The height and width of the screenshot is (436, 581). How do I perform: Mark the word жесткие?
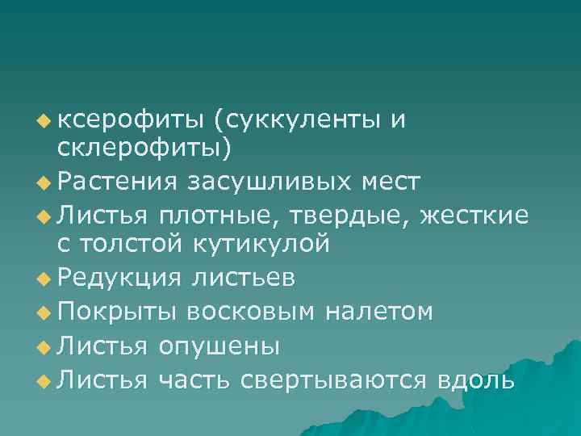pyautogui.click(x=483, y=215)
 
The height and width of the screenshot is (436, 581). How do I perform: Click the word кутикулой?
pyautogui.click(x=262, y=243)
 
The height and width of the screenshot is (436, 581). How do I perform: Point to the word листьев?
pyautogui.click(x=242, y=278)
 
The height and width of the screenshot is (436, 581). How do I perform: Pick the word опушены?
pyautogui.click(x=219, y=346)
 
